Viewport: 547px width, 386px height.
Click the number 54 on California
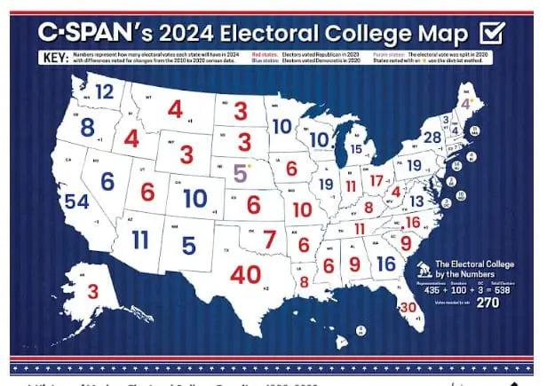[x=76, y=201]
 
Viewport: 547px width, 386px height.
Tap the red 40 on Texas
[x=245, y=274]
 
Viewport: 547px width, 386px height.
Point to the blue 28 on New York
[x=432, y=138]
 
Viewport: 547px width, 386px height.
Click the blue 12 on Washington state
[x=105, y=91]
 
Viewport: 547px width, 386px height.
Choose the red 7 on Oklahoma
[x=269, y=238]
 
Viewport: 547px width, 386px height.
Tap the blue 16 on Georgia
[x=385, y=264]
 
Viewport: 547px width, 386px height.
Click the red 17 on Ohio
[x=377, y=181]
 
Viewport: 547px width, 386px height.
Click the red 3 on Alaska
[x=92, y=289]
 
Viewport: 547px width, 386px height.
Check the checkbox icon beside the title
[x=491, y=34]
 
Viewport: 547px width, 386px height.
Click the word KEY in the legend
[x=55, y=59]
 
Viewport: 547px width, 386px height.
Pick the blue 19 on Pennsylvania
[x=414, y=165]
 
